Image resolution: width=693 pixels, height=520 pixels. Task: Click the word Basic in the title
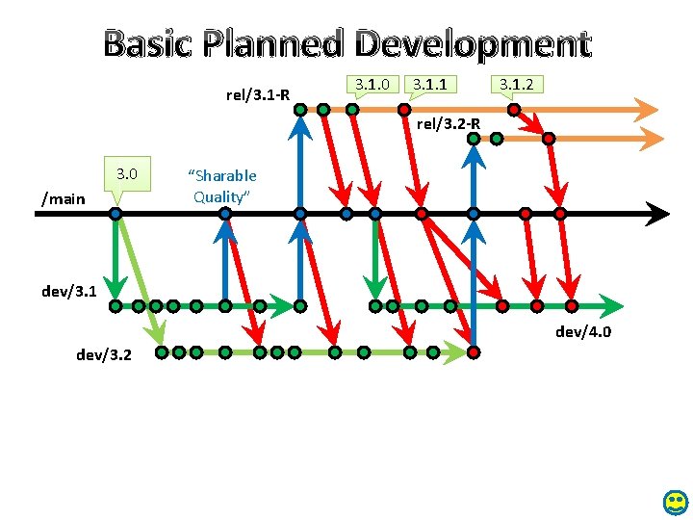tap(145, 44)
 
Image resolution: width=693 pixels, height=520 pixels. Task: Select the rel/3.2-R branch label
tap(448, 123)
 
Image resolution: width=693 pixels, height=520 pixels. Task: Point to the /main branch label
tap(64, 198)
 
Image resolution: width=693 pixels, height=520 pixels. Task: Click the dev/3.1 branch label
tap(69, 290)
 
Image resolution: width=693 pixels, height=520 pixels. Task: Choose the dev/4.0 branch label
tap(583, 333)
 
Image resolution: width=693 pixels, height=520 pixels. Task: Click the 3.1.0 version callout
tap(372, 85)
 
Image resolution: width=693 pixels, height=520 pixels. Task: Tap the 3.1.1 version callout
tap(429, 85)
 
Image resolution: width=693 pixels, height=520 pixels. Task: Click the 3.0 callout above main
tap(127, 174)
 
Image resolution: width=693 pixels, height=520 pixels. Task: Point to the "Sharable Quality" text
tap(222, 186)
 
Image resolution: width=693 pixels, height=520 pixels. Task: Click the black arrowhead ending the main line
tap(659, 213)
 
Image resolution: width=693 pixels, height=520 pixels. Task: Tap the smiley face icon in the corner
tap(676, 502)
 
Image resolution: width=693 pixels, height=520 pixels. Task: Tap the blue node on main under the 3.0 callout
tap(115, 213)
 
